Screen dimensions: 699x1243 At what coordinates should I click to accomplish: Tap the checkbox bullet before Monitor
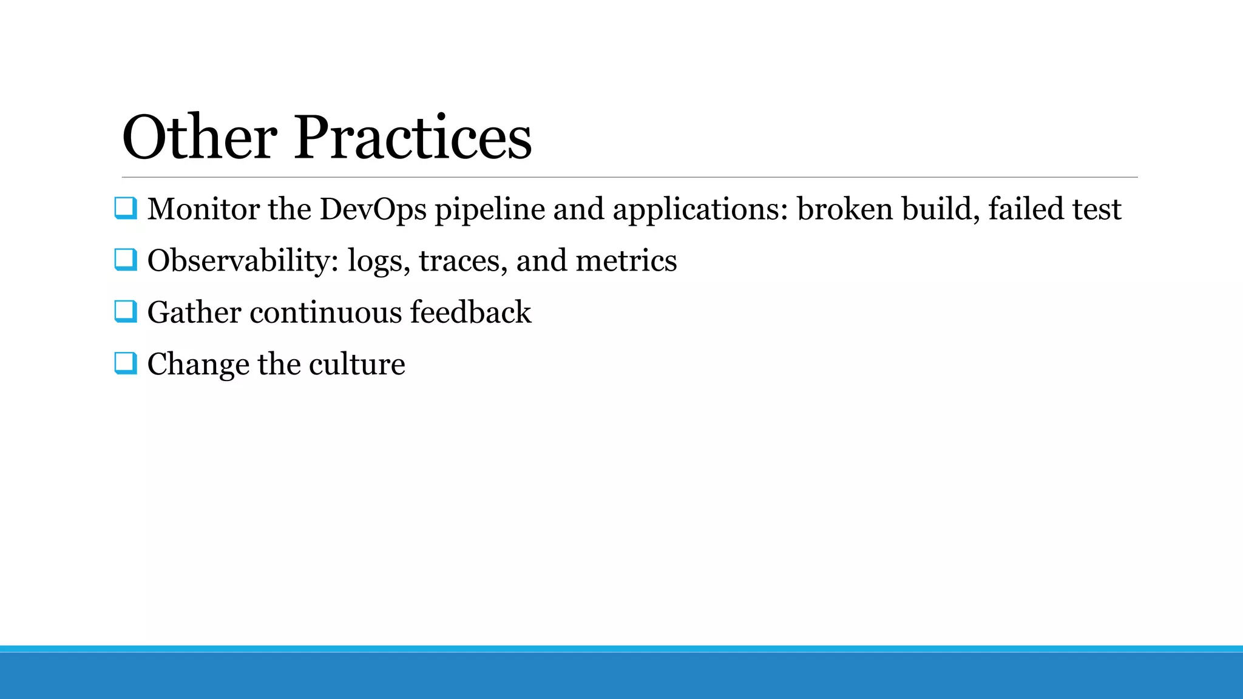pos(125,208)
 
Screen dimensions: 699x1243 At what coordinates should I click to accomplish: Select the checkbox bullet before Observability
pos(125,260)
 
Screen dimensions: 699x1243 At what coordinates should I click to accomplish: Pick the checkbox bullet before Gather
pos(125,312)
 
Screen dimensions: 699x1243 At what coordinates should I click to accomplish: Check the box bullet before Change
pos(125,363)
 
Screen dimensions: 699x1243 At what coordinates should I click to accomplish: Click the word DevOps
pos(373,209)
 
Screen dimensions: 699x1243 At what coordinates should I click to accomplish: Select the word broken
pos(845,209)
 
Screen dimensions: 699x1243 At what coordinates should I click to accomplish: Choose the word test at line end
pos(1096,209)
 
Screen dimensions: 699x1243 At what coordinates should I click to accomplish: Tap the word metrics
pos(626,261)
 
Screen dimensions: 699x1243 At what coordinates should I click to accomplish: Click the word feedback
pos(470,312)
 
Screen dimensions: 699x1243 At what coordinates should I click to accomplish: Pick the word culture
pos(356,364)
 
